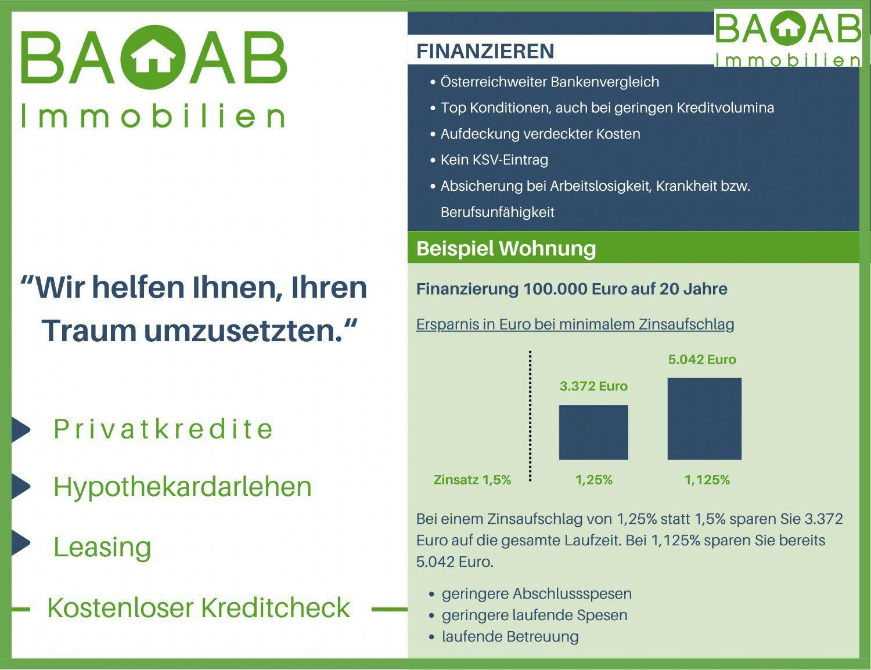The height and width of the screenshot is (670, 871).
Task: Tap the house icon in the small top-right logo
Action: click(788, 27)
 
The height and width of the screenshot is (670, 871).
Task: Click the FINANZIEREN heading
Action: click(485, 51)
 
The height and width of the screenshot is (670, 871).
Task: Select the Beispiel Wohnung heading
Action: click(506, 248)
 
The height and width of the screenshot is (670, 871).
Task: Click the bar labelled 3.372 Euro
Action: click(593, 432)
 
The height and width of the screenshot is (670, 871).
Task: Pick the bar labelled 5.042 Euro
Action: click(704, 419)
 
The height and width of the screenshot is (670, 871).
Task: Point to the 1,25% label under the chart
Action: click(593, 480)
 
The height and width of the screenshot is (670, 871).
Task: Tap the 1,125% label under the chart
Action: click(707, 480)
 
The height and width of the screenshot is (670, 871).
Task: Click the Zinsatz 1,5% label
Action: click(472, 480)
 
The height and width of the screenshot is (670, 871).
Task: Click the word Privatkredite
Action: click(163, 429)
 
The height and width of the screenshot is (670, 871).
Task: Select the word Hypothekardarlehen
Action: click(182, 487)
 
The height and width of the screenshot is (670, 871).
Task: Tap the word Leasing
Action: click(102, 547)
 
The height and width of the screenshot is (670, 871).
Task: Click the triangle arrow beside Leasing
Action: click(21, 543)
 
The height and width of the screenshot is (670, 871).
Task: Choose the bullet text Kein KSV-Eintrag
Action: click(494, 160)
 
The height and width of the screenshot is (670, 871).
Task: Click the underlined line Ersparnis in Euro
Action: click(575, 324)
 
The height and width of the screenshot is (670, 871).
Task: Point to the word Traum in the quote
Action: click(89, 330)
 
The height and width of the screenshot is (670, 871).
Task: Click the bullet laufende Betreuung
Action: click(510, 636)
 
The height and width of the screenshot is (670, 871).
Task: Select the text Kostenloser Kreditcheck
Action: click(199, 608)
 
